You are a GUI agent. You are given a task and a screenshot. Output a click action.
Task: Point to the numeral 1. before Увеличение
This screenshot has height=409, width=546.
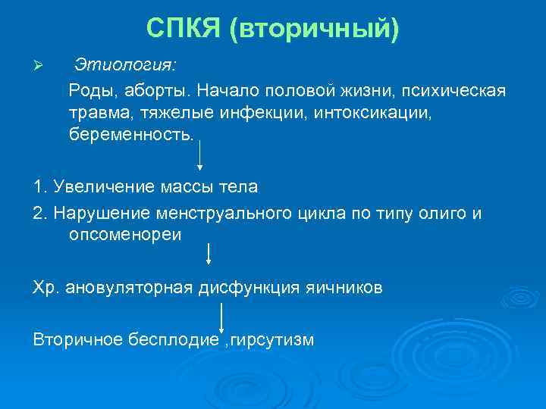40,186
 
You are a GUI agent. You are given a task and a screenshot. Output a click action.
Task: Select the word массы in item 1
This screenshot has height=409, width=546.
181,186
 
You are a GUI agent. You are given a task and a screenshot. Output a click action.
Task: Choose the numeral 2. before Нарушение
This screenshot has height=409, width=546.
40,214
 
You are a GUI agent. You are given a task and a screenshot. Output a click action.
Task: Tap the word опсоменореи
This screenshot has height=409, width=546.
125,235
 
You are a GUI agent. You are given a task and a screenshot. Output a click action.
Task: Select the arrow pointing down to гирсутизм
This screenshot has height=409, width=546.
221,317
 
